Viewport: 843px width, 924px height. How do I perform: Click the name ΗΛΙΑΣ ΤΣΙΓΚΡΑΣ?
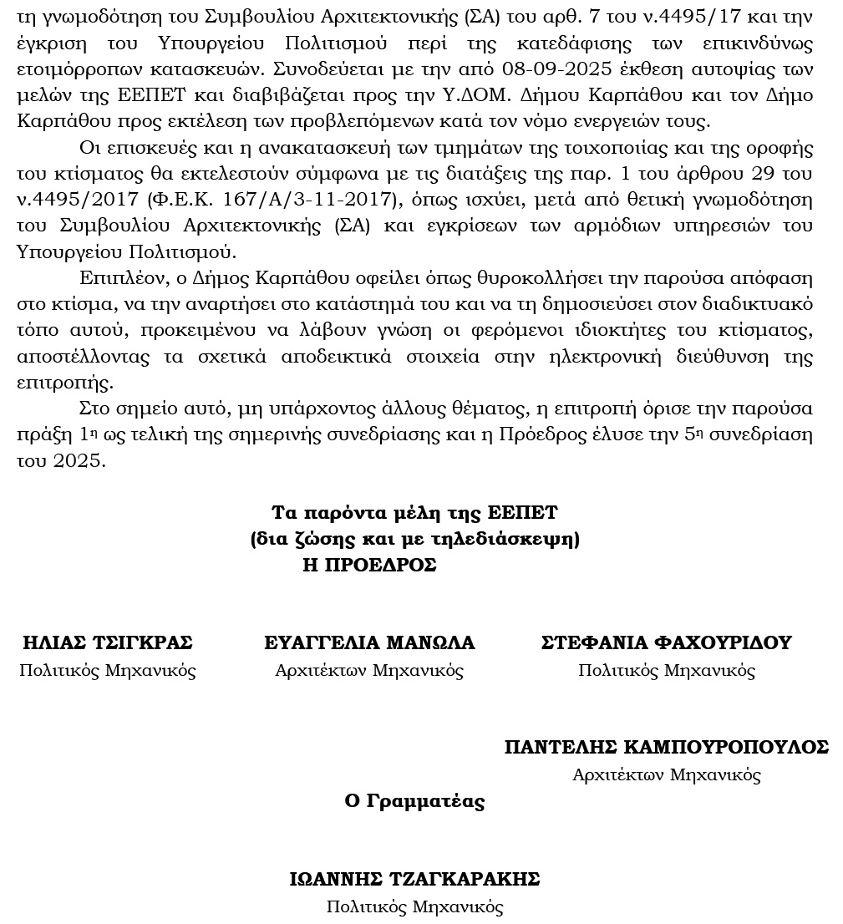(108, 642)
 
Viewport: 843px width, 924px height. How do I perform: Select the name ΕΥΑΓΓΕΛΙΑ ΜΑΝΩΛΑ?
(369, 642)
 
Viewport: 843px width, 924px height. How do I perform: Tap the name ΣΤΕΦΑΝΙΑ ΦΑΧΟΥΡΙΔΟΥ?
(667, 642)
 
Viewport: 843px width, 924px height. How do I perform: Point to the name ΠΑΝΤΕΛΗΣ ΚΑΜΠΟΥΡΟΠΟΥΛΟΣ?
(667, 747)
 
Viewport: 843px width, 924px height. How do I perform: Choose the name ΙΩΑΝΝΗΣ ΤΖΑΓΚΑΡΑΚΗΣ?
(414, 879)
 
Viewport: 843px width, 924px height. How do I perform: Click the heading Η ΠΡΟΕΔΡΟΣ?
(370, 565)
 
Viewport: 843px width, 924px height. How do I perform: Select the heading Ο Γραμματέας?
(414, 801)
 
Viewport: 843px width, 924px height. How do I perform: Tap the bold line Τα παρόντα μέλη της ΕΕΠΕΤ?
(414, 512)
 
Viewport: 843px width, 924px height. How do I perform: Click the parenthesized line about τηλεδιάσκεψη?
(414, 539)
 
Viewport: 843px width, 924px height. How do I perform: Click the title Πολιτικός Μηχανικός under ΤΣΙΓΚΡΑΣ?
(108, 670)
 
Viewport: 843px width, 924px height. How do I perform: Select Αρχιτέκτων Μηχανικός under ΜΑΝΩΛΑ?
(369, 670)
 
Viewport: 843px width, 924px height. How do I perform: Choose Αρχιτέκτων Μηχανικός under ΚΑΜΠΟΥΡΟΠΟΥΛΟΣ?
(667, 774)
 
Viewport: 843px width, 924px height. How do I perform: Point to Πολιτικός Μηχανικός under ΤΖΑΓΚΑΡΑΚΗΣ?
(414, 906)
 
